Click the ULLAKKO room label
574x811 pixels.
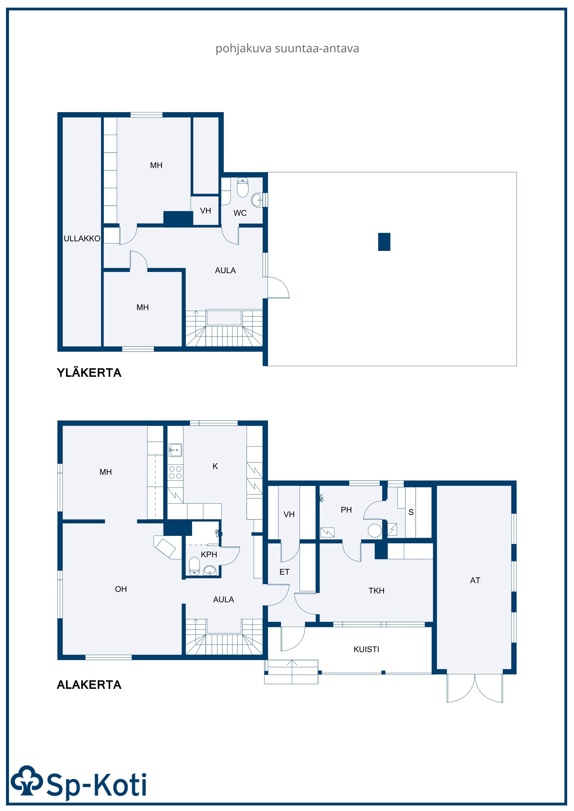(x=82, y=239)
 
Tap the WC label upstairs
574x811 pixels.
(x=240, y=213)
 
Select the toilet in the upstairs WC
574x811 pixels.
(x=243, y=187)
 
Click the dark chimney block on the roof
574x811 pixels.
(x=384, y=242)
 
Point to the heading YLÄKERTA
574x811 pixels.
(x=89, y=373)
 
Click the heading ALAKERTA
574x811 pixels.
(x=89, y=685)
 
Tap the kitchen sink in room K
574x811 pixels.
(x=175, y=450)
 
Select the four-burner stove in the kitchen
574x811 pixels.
(x=175, y=472)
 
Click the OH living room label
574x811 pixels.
(x=121, y=589)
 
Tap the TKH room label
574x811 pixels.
(x=376, y=591)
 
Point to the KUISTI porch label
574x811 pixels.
(x=366, y=649)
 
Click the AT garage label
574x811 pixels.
(x=475, y=580)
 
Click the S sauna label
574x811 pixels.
(x=411, y=512)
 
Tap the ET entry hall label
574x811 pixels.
(x=284, y=572)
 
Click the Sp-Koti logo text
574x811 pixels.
(x=97, y=785)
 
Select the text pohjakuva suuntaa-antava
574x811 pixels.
(x=287, y=48)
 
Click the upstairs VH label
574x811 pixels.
(x=206, y=211)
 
